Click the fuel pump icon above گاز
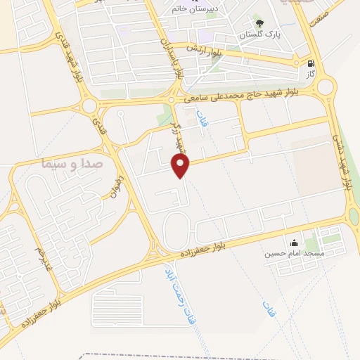pos(311,62)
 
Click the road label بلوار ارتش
pos(203,49)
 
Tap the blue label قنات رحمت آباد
pos(179,295)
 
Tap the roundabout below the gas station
pos(325,88)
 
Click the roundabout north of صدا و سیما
pos(89,106)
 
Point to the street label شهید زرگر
pos(179,134)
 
